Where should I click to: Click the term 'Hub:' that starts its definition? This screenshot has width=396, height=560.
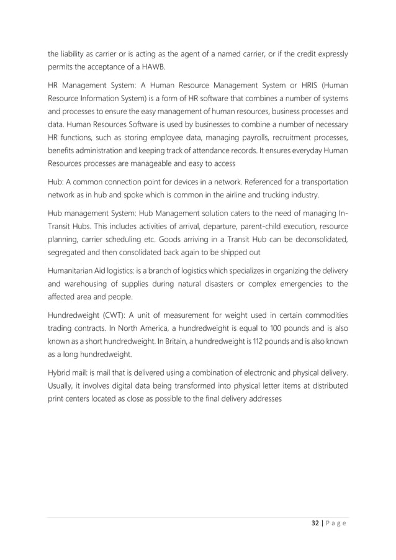tap(56, 181)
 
